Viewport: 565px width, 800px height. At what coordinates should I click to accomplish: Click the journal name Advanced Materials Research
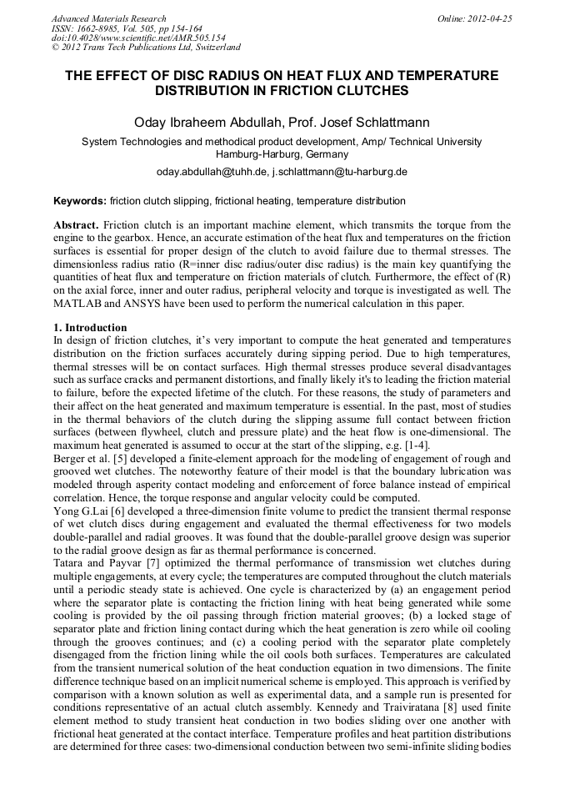tap(109, 18)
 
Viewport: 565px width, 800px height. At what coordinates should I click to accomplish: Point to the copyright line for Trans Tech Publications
tap(146, 48)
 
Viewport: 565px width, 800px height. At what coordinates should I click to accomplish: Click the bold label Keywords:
tap(80, 201)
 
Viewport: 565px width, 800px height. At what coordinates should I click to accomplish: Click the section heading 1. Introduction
tap(90, 328)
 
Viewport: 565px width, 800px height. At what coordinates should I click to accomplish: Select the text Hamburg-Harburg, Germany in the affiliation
tap(282, 154)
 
